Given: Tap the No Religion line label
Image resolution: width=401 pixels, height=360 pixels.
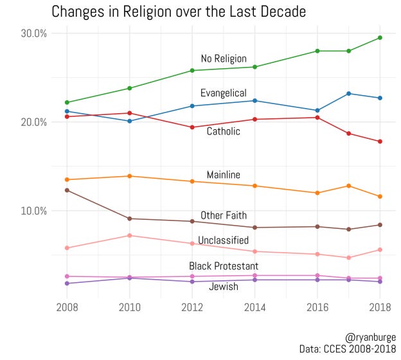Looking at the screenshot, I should point(224,59).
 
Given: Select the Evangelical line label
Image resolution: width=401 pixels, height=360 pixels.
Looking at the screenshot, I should point(223,93).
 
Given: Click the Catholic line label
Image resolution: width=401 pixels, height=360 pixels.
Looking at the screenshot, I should point(223,132).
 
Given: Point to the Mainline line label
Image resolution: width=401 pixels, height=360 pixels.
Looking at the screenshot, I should point(223,175).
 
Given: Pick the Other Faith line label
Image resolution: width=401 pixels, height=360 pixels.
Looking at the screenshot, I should point(223,215).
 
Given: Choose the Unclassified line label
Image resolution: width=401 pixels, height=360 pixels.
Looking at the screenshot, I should point(223,240).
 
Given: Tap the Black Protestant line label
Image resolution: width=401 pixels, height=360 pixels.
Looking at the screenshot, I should point(223,266).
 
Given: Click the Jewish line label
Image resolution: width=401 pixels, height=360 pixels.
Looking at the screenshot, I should point(223,287).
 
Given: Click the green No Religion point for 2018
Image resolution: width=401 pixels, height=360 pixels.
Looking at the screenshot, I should point(380,38).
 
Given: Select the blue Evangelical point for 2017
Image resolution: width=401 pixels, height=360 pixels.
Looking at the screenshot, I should point(349,93).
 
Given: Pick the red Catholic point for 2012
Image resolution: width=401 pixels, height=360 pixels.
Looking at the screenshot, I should point(192,127).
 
